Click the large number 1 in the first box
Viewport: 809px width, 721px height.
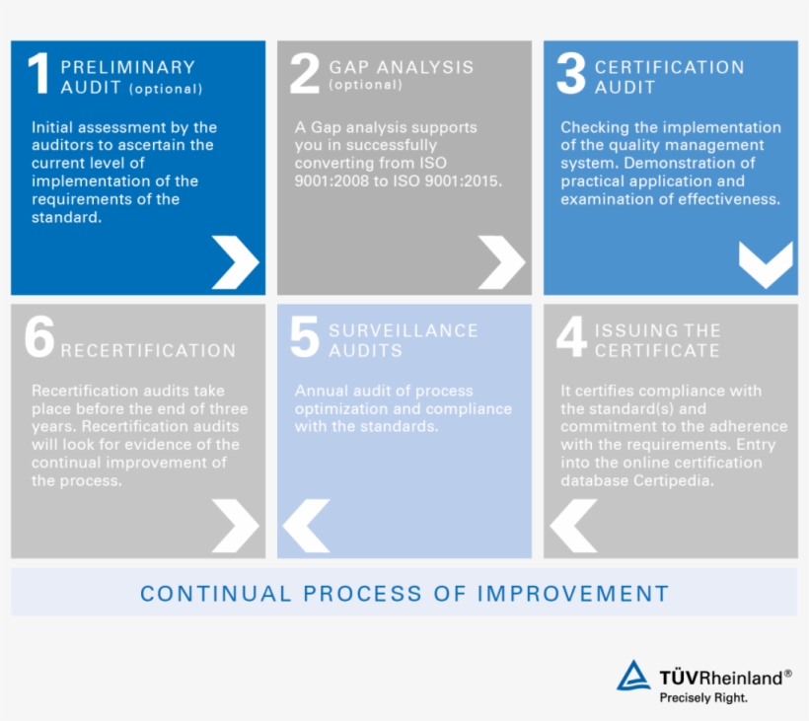point(38,74)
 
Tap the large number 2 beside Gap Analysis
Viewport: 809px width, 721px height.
point(305,74)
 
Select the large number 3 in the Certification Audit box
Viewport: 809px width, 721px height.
point(570,74)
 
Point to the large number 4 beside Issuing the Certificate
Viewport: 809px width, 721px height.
point(571,337)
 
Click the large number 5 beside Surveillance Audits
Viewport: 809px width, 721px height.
point(305,337)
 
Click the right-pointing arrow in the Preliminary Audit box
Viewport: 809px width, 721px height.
point(235,262)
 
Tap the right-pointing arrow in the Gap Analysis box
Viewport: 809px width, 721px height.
point(501,262)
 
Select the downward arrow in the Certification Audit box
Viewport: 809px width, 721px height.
point(766,264)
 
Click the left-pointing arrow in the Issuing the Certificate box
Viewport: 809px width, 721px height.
point(573,526)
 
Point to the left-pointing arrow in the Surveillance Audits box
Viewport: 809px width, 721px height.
point(306,526)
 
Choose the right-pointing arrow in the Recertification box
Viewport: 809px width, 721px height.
point(235,526)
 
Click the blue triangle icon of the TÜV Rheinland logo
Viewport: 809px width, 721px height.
point(633,677)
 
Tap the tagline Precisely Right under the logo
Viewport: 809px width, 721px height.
point(703,697)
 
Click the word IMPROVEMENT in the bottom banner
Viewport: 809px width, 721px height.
point(573,594)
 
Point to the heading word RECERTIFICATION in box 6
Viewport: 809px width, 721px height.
point(148,351)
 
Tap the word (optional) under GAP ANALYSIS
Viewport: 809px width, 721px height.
point(366,86)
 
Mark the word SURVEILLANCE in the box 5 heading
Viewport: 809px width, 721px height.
point(404,331)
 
